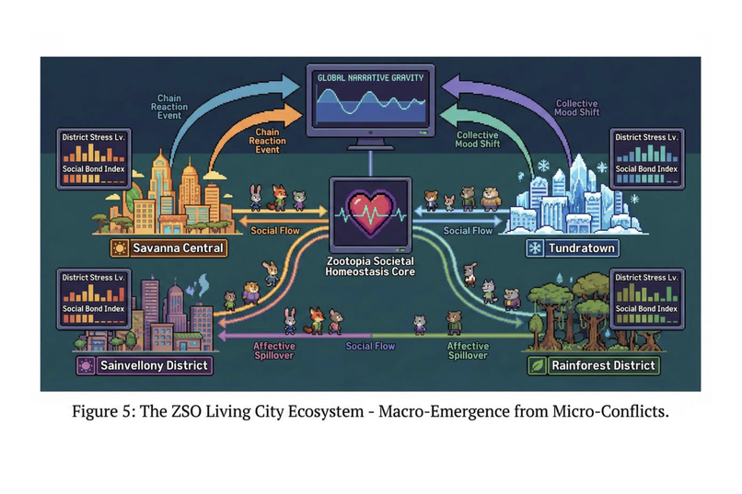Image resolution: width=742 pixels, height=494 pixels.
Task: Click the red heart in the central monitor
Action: click(x=370, y=213)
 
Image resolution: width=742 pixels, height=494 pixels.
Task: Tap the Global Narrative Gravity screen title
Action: click(x=370, y=77)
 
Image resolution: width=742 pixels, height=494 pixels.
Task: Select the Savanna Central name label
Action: click(x=178, y=248)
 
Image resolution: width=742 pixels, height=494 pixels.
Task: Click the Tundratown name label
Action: click(x=582, y=248)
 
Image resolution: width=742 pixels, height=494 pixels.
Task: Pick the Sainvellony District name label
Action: click(x=154, y=365)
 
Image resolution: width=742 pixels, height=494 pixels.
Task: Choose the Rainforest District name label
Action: click(x=603, y=365)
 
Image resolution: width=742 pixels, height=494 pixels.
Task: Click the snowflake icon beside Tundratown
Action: click(x=535, y=248)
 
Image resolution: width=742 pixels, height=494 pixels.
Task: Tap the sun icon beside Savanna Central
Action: click(x=120, y=248)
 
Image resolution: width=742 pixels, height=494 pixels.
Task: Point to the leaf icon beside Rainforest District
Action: click(x=538, y=365)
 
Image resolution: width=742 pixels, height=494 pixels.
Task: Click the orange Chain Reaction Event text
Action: click(x=267, y=141)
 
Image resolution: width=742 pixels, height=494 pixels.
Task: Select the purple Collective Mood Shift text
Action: click(x=577, y=108)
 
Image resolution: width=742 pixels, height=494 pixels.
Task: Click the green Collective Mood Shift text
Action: click(x=478, y=140)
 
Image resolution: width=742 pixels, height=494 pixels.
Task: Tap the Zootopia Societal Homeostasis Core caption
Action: click(x=370, y=266)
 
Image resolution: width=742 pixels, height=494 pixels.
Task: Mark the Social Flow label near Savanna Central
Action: click(x=275, y=231)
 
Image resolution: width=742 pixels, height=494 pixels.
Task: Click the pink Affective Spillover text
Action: click(x=274, y=350)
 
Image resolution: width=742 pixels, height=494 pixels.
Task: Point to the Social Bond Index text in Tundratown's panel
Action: click(x=646, y=168)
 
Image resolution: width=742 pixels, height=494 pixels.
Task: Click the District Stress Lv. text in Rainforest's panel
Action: click(x=646, y=278)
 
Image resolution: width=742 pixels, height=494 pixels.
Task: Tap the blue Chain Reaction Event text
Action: click(x=169, y=107)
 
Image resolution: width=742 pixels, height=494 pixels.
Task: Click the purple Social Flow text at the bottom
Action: click(x=370, y=346)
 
